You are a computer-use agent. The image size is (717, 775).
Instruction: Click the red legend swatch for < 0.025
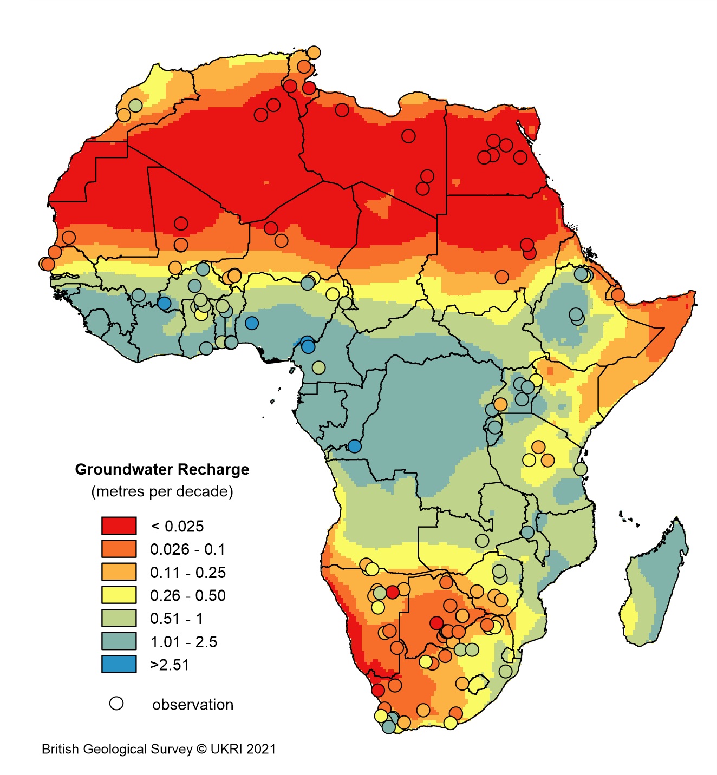click(x=119, y=526)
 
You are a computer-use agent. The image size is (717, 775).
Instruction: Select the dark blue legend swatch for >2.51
click(x=119, y=664)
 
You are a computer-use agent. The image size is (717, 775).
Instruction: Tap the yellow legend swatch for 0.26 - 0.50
click(x=119, y=595)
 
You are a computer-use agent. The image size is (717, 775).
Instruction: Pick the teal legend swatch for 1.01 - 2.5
click(x=119, y=641)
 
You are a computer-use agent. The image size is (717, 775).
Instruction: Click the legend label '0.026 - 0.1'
click(x=187, y=549)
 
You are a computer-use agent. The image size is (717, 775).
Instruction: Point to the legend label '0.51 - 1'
click(x=176, y=619)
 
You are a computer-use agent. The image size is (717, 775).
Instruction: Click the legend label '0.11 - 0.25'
click(x=188, y=573)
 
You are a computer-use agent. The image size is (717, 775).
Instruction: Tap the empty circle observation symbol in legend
click(x=116, y=704)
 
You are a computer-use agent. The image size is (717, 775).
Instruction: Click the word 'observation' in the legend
click(x=193, y=705)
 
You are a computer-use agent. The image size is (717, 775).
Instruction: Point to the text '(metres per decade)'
click(x=162, y=491)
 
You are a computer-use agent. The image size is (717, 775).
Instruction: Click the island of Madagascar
click(x=653, y=584)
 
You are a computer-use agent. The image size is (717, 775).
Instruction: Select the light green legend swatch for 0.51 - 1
click(x=119, y=618)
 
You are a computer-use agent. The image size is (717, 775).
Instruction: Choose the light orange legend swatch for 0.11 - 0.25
click(x=119, y=572)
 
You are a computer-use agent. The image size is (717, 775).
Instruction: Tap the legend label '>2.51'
click(x=170, y=665)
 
